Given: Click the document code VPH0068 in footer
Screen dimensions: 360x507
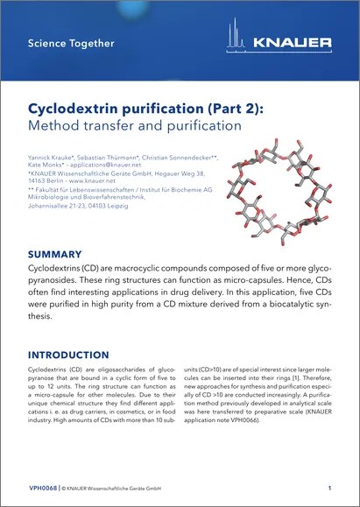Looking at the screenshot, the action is pos(44,487).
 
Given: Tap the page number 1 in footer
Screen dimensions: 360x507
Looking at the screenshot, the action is pos(328,487).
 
